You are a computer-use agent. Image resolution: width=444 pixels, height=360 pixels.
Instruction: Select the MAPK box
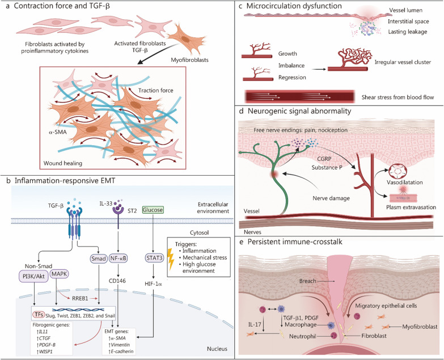tap(60, 274)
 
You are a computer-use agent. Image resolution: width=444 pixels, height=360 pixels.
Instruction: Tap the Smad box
tap(99, 258)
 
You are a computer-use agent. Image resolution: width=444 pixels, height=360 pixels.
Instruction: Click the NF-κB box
tap(119, 258)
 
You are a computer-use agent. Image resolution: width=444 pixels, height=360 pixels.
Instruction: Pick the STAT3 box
tap(154, 258)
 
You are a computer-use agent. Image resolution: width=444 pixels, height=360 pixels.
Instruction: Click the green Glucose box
tap(153, 210)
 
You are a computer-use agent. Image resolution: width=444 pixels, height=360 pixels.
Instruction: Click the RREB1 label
tap(80, 298)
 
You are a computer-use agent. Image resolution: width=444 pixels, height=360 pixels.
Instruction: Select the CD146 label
tap(117, 281)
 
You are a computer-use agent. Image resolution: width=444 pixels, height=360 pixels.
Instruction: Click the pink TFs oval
tap(38, 315)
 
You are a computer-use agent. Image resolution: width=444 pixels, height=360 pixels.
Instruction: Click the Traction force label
tap(156, 91)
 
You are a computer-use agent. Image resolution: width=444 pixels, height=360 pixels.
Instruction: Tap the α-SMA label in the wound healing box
tap(57, 132)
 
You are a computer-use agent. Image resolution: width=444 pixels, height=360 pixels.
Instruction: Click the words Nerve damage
tap(331, 198)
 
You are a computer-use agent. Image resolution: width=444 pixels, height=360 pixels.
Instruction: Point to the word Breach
tap(307, 281)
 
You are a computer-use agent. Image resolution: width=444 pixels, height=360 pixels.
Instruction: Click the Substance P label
tap(327, 168)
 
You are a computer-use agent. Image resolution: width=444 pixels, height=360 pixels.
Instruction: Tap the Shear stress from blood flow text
tap(398, 98)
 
